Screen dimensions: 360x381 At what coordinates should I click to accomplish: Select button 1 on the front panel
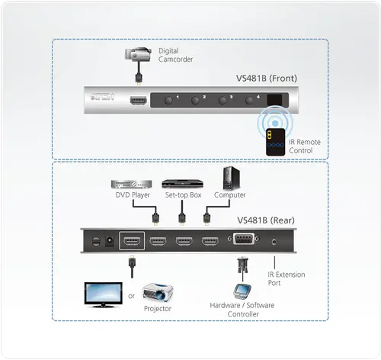(166, 99)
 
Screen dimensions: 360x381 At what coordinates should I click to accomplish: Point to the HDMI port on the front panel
(139, 100)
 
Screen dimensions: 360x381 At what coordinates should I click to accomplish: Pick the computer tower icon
(232, 179)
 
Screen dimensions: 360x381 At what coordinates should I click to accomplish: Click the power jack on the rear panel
(109, 242)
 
